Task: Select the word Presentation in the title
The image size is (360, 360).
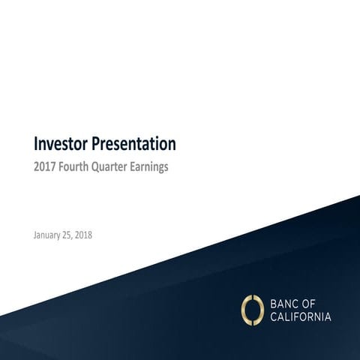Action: [x=133, y=142]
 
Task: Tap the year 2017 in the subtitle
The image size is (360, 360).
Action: [x=45, y=167]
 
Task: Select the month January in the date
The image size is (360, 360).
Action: [x=49, y=235]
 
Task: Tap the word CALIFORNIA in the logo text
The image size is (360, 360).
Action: [x=299, y=316]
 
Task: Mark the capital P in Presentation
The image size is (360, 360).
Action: [x=95, y=142]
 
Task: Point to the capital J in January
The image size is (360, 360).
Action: [x=35, y=235]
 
